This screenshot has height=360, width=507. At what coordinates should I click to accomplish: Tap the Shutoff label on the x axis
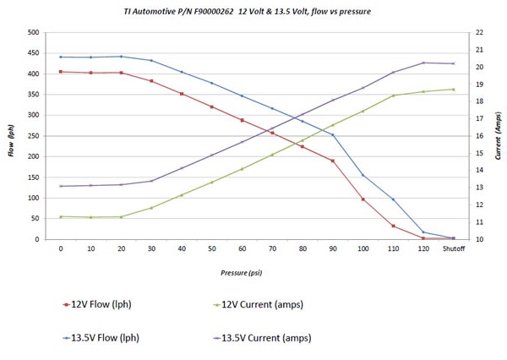tap(453, 248)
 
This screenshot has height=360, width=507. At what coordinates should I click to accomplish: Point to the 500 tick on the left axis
tap(33, 32)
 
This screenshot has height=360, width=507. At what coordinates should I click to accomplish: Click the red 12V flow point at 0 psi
tap(61, 72)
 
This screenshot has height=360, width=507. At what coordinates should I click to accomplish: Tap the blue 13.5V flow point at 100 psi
tap(363, 175)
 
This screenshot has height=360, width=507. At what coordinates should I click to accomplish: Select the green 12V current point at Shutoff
tap(453, 89)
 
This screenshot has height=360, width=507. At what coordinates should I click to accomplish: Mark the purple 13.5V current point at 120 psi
tap(423, 63)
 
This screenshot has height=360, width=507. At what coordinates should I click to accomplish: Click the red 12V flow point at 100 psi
tap(363, 199)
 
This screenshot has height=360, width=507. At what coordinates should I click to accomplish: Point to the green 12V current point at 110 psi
tap(393, 95)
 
